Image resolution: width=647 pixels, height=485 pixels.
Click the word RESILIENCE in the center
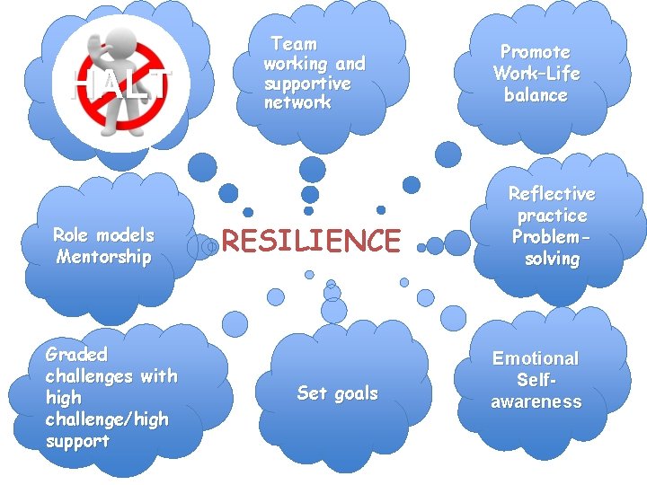click(x=310, y=241)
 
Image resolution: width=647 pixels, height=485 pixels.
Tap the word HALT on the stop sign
click(x=120, y=84)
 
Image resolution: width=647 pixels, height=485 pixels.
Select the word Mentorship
click(x=103, y=257)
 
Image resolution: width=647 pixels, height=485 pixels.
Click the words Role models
click(x=103, y=235)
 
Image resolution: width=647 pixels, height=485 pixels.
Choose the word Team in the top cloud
click(x=294, y=43)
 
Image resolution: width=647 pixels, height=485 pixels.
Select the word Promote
click(x=536, y=52)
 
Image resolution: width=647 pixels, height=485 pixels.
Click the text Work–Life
click(x=536, y=74)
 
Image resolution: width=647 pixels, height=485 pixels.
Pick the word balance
click(x=536, y=95)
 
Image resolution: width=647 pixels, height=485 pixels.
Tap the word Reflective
click(x=552, y=194)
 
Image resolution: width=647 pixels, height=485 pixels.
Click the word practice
click(x=552, y=216)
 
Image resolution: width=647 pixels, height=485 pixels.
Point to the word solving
click(x=552, y=259)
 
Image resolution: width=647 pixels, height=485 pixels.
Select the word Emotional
click(x=536, y=358)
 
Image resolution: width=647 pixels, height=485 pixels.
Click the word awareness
click(x=536, y=401)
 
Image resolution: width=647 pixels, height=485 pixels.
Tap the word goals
click(x=355, y=393)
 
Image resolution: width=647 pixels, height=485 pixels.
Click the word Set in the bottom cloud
click(x=311, y=393)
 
